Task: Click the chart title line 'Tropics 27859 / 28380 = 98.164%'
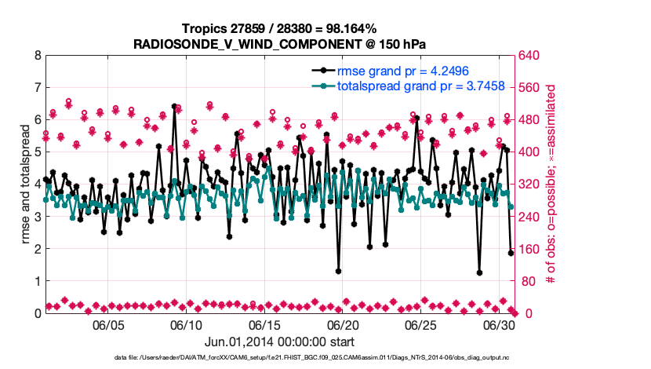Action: coord(279,28)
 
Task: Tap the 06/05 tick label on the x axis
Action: coord(109,325)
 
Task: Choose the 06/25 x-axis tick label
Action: coord(420,325)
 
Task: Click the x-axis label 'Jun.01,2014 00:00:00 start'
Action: coord(279,342)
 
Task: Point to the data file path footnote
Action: coord(326,358)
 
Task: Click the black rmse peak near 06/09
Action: coord(174,106)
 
